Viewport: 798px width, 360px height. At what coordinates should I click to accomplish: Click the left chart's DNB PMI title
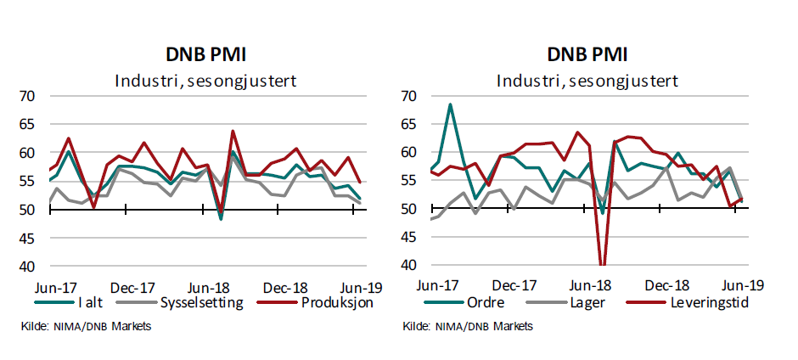[x=205, y=56]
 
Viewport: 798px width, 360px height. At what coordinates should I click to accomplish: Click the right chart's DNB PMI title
[x=587, y=56]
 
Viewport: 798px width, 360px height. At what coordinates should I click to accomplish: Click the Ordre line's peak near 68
[x=450, y=104]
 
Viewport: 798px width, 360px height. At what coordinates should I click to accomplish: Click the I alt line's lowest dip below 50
[x=222, y=219]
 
